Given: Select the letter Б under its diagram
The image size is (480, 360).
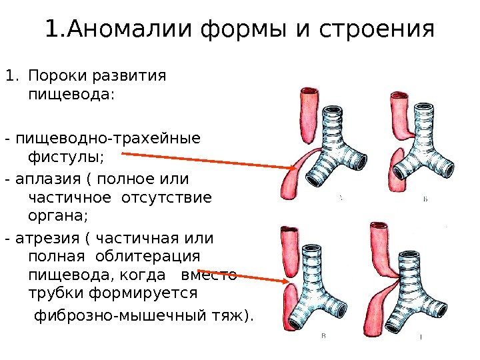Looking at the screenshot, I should pos(425,200).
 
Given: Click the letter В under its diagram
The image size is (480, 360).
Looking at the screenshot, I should pos(324,336).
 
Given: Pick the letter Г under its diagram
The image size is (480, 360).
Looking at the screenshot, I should pos(421,337).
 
